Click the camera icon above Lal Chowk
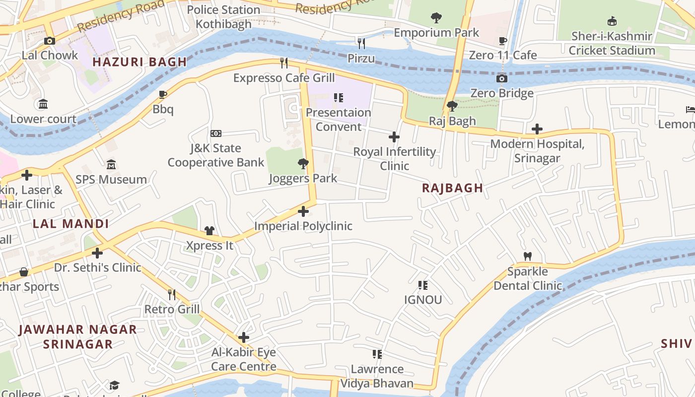coord(49,41)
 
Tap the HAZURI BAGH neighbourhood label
coord(139,62)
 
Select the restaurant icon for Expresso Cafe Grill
coord(284,63)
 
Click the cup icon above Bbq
coord(162,94)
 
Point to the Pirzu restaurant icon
coord(361,44)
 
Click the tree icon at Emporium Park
coord(436,18)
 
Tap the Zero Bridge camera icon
coord(502,78)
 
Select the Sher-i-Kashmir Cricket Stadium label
coord(612,43)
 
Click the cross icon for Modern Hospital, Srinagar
coord(537,129)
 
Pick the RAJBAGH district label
coord(452,188)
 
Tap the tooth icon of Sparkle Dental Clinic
coord(527,257)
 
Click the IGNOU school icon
coord(422,285)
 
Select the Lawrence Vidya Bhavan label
coord(377,376)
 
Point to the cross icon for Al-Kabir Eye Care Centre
coord(243,337)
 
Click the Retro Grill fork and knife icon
coord(172,295)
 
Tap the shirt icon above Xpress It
coord(209,231)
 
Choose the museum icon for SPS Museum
coord(111,164)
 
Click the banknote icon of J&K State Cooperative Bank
coord(216,133)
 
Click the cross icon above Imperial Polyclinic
coord(303,211)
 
